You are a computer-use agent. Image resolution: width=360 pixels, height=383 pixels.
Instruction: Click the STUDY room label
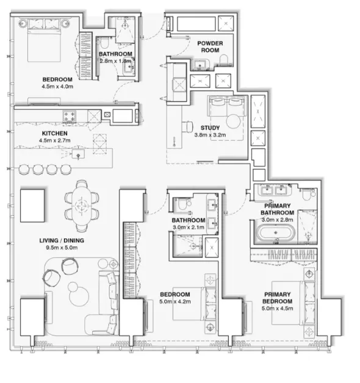click(210, 127)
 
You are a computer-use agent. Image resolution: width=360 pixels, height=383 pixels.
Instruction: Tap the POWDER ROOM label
click(210, 46)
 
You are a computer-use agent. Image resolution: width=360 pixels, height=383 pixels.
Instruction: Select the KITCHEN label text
click(55, 134)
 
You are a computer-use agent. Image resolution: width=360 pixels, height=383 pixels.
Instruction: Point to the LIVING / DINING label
click(62, 241)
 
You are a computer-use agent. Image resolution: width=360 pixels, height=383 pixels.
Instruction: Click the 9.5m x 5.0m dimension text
click(62, 248)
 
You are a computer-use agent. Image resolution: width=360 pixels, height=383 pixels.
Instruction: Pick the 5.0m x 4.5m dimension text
click(278, 309)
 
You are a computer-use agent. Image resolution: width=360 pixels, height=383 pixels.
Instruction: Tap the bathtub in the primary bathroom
click(276, 233)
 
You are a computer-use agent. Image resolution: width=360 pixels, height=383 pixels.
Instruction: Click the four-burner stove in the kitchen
click(70, 116)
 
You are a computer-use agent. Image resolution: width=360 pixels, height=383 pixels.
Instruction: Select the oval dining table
click(82, 206)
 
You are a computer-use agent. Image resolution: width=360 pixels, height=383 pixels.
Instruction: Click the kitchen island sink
click(78, 155)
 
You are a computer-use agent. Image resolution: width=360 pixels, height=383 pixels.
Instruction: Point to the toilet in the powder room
click(223, 60)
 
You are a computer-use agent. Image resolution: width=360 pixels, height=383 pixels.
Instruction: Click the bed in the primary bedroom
click(293, 303)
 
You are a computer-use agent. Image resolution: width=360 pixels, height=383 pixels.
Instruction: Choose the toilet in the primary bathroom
click(306, 194)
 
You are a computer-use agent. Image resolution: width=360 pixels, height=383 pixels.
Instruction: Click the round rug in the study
click(234, 121)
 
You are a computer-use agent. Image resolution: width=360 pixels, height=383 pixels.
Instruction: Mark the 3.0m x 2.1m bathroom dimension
click(189, 227)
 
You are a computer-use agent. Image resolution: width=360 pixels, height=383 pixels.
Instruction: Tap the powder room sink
click(200, 65)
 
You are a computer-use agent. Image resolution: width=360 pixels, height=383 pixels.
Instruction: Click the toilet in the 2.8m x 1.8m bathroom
click(104, 43)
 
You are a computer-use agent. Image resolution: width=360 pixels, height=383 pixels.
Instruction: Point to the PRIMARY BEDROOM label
click(278, 298)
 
